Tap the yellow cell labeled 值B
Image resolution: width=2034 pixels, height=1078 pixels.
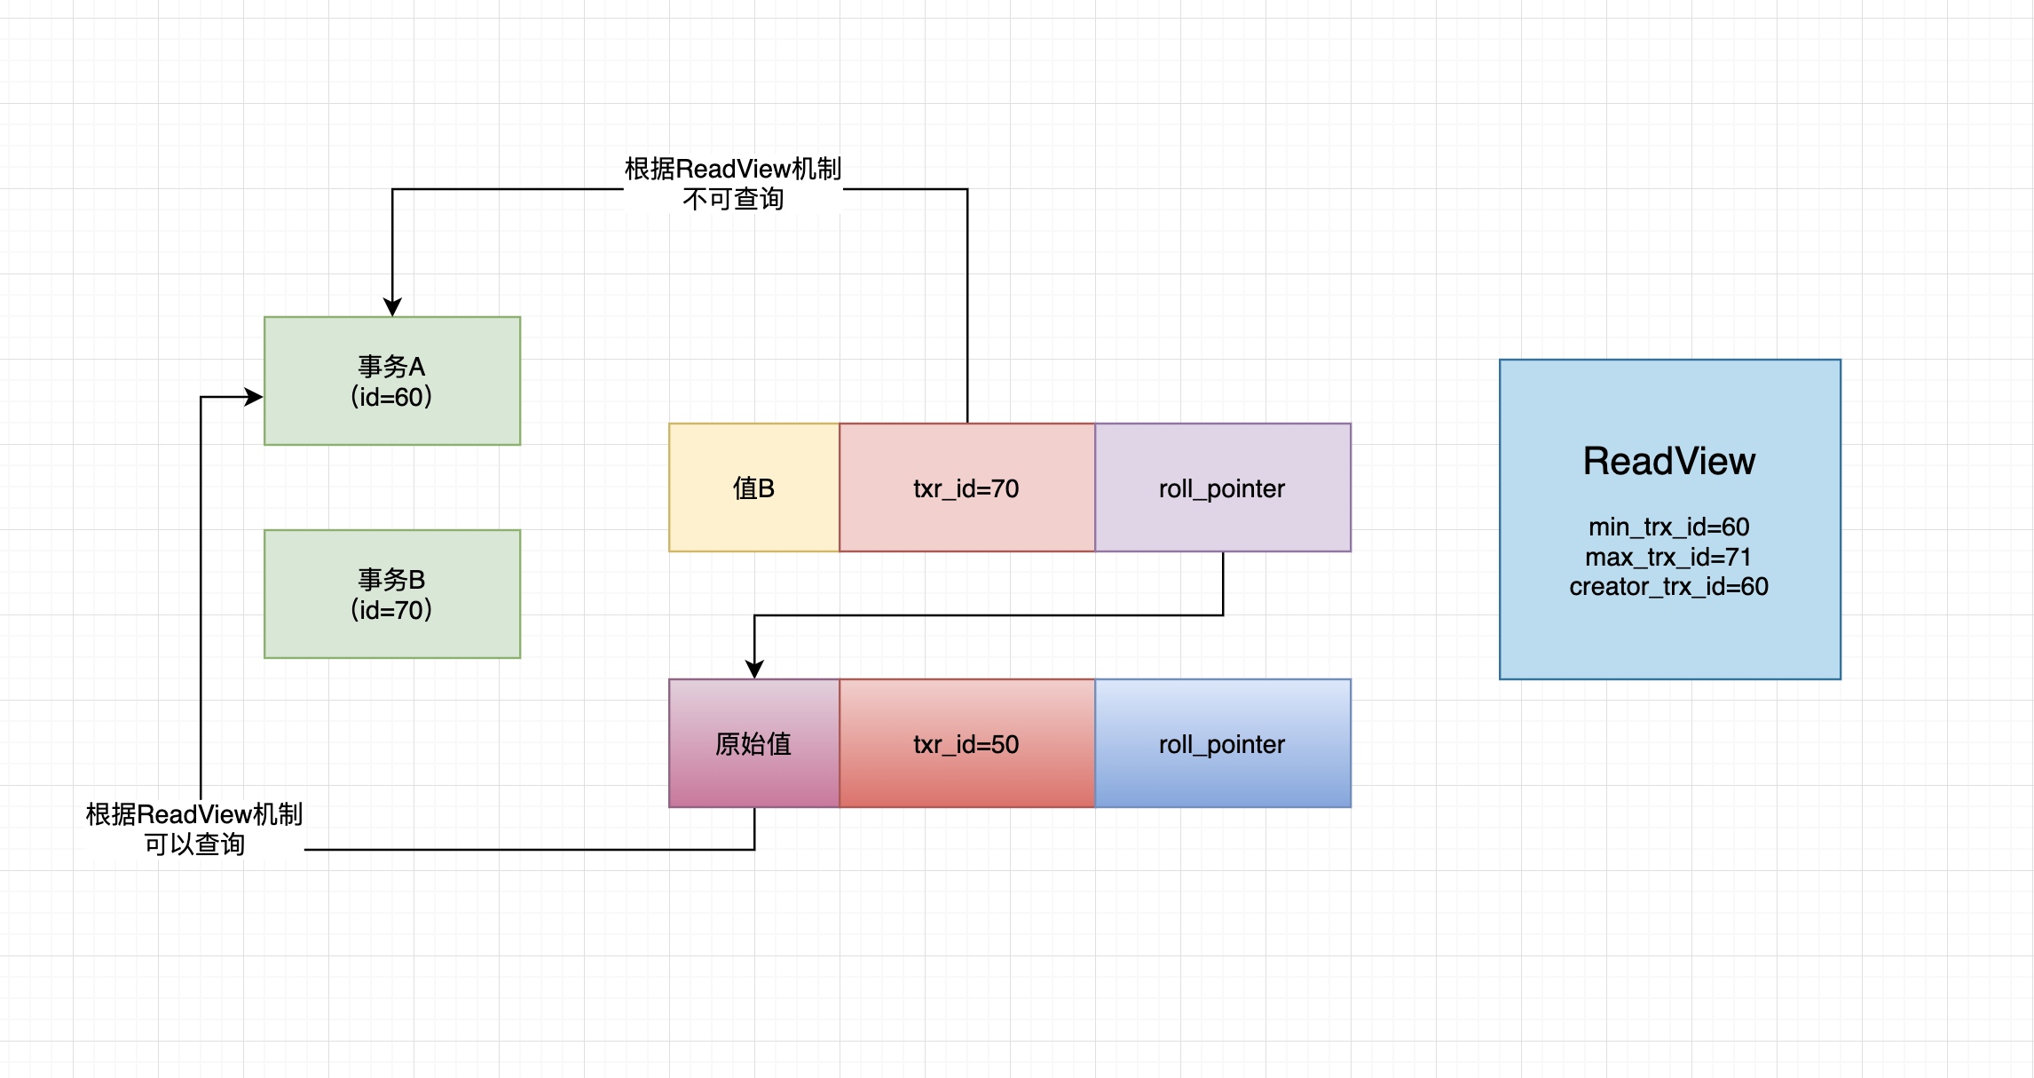click(x=753, y=487)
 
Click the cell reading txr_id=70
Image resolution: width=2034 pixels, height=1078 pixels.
click(x=966, y=487)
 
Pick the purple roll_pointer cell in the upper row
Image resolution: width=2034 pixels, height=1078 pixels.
click(x=1222, y=487)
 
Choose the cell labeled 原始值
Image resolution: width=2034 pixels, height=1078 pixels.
click(x=753, y=743)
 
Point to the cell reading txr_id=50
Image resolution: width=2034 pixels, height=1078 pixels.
click(x=966, y=743)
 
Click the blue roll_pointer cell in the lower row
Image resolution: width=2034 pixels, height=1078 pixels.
click(x=1222, y=743)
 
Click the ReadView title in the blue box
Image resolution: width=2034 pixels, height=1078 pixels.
click(x=1668, y=461)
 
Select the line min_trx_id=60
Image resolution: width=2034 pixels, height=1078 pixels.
click(x=1668, y=527)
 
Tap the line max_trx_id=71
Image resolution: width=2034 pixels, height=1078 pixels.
click(x=1668, y=557)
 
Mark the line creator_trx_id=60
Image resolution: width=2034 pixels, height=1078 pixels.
click(x=1668, y=586)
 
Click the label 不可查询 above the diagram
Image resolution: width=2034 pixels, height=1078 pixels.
click(x=733, y=199)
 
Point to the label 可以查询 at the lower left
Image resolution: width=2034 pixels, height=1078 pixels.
click(x=194, y=844)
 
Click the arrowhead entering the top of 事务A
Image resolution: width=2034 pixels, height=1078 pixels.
click(x=392, y=307)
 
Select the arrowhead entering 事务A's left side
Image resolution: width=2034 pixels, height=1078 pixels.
click(x=255, y=397)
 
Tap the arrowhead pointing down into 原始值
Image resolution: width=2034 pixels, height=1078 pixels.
click(x=754, y=670)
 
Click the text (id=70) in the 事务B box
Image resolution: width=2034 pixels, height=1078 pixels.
click(x=391, y=610)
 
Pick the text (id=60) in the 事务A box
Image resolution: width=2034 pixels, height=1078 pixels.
click(x=391, y=397)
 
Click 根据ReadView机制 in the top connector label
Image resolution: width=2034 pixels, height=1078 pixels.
click(x=733, y=169)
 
